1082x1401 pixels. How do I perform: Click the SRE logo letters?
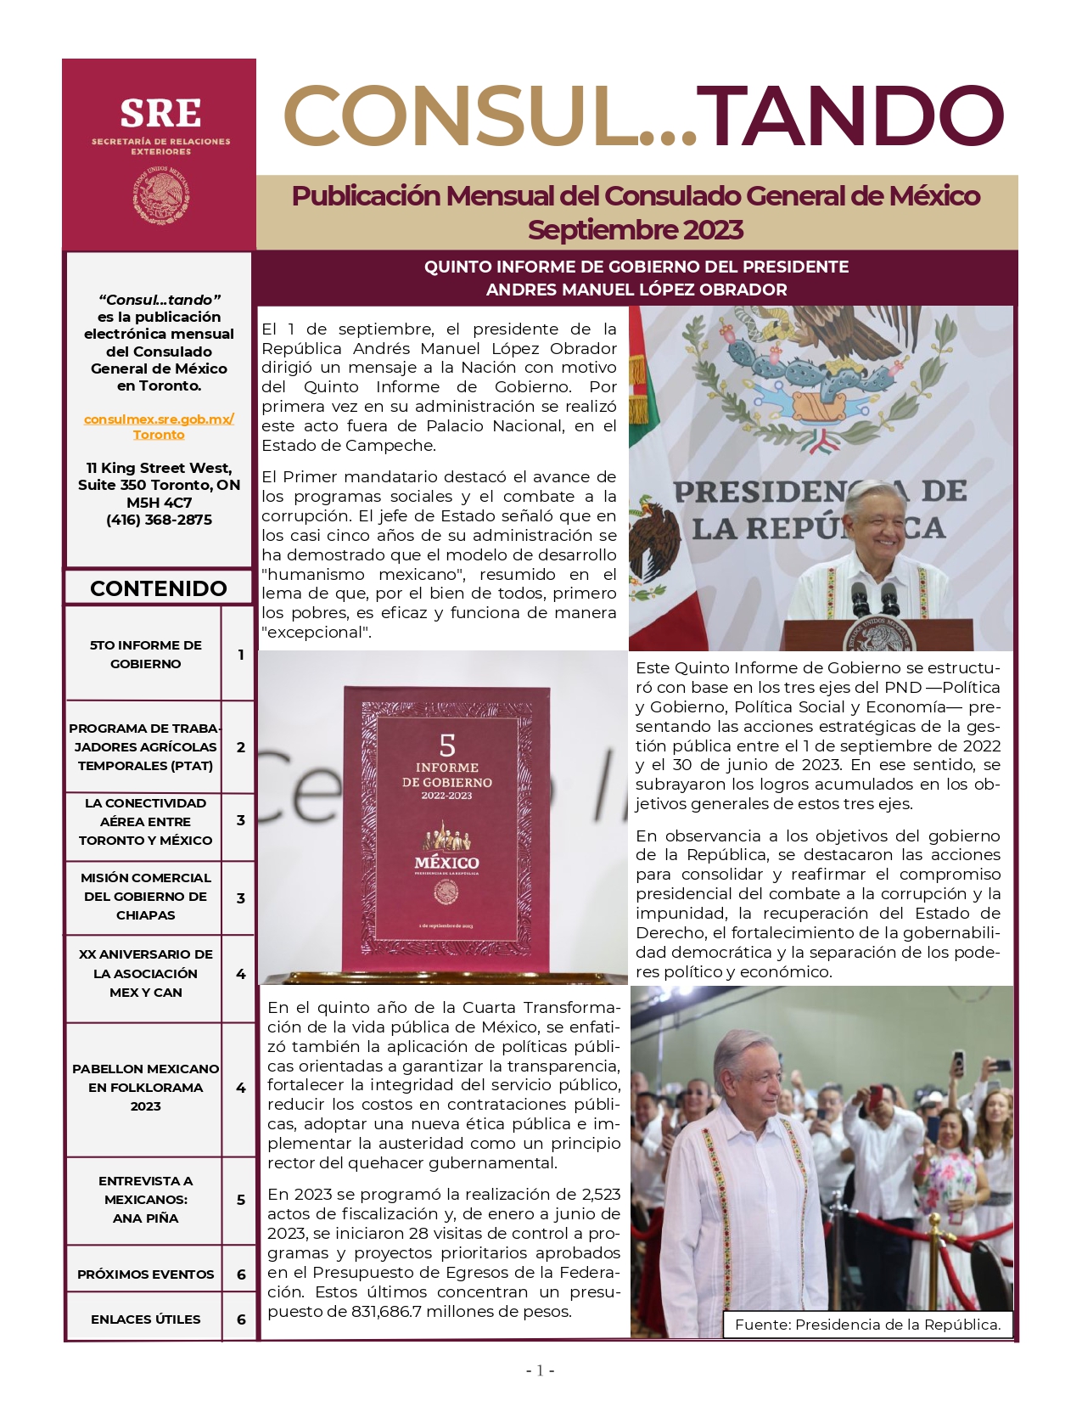160,114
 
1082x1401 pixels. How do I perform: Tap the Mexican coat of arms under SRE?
160,195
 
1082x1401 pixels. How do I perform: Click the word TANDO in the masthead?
855,116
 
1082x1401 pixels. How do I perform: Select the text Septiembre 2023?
636,230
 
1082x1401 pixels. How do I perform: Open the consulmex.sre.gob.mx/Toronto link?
159,426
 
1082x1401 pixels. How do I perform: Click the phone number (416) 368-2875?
159,520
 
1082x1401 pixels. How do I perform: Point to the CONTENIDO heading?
159,588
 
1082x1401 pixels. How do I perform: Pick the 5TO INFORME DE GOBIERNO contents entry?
145,655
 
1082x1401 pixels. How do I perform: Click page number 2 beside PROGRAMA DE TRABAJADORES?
241,747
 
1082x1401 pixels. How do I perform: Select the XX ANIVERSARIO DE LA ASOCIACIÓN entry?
145,973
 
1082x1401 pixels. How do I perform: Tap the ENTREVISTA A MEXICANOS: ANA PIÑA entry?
145,1199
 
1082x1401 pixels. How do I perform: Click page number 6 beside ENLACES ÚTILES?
241,1319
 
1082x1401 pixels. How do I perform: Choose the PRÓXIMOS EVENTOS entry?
145,1274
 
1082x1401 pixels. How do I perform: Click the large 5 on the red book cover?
447,746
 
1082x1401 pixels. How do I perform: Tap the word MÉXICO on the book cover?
446,863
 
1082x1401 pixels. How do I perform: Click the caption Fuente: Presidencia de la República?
867,1325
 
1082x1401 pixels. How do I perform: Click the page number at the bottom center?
540,1370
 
